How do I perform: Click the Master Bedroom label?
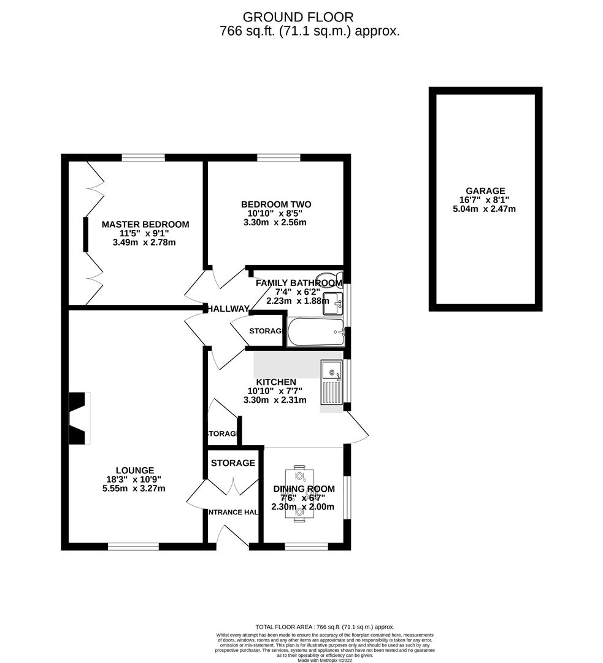(145, 225)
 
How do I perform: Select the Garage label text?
(485, 191)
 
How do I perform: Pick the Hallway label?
(228, 309)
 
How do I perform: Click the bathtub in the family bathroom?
(316, 331)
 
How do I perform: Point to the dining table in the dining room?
(300, 495)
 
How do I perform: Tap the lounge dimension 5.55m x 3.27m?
(134, 489)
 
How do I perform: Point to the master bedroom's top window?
(143, 158)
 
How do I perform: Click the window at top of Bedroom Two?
(278, 158)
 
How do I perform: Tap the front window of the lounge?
(133, 546)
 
